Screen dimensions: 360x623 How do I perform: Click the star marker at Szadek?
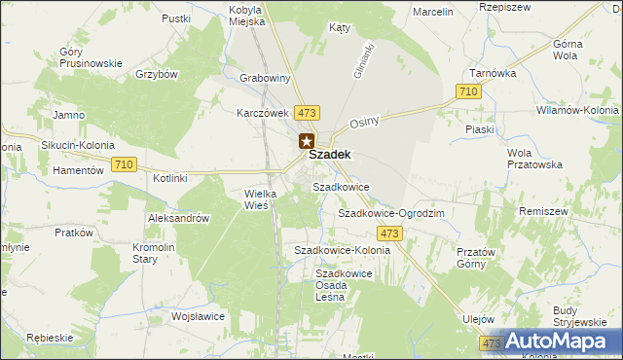coord(307,141)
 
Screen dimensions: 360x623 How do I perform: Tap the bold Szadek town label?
coord(329,154)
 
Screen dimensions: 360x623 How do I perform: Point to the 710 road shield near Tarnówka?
coord(468,91)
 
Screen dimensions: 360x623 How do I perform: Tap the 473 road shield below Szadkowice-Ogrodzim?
coord(390,234)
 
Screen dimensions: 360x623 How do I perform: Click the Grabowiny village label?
coord(266,78)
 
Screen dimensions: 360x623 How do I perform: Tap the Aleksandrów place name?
coord(179,219)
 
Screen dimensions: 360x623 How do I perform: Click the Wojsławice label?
coord(199,316)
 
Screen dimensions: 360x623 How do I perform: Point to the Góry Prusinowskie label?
coord(91,57)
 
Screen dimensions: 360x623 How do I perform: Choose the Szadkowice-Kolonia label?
coord(343,250)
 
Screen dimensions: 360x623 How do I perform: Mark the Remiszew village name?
coord(570,211)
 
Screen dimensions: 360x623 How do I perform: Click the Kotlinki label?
coord(170,179)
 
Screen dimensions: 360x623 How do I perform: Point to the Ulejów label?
coord(479,319)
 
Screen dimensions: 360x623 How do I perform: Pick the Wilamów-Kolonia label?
coord(577,111)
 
